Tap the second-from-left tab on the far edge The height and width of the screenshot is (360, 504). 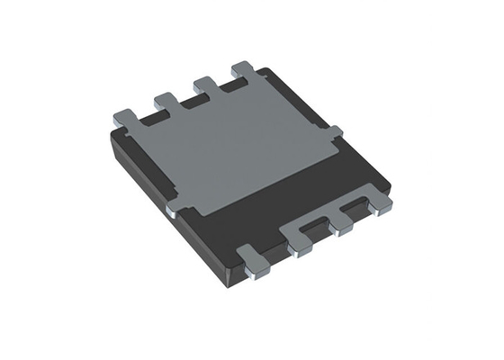[x=167, y=99]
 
